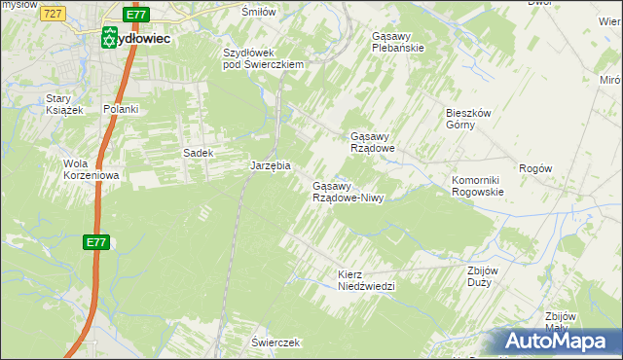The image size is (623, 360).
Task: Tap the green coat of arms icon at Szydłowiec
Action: click(109, 38)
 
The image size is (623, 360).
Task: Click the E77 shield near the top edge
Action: click(137, 15)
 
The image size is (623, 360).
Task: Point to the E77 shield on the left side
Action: click(94, 242)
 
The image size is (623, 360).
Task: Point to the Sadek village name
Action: click(198, 153)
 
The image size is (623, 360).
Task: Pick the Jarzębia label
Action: click(271, 166)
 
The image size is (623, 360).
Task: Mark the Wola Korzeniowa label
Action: click(91, 169)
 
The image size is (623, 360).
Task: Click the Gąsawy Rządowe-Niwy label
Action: click(348, 192)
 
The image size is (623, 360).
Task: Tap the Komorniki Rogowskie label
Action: click(477, 186)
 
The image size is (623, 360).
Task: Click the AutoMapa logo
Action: click(556, 341)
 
